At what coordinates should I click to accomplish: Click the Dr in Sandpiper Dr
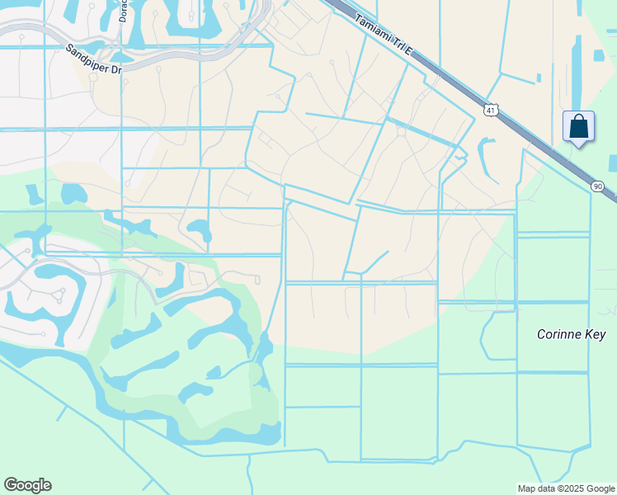[116, 70]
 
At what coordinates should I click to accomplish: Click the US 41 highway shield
[492, 109]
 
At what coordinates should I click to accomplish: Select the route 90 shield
[597, 187]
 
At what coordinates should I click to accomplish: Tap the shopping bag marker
[579, 127]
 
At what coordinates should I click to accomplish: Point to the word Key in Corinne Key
[596, 334]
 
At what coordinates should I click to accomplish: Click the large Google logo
[27, 485]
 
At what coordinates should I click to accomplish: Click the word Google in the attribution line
[599, 488]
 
